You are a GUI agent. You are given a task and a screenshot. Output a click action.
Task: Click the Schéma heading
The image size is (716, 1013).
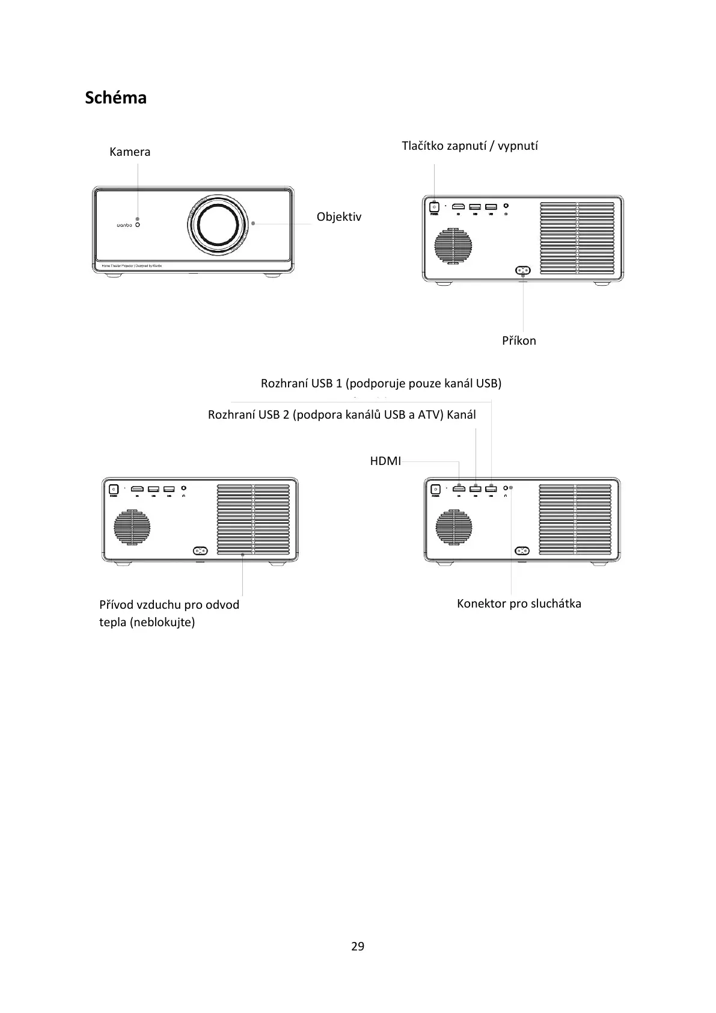point(115,97)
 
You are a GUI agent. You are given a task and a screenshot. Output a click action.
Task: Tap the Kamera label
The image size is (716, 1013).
point(130,152)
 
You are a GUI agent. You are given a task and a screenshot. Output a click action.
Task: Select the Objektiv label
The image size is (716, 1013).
point(339,217)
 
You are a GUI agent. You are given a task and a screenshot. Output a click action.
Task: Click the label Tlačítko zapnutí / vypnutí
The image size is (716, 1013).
point(470,146)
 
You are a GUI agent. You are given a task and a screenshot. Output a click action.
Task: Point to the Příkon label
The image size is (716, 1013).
point(519,340)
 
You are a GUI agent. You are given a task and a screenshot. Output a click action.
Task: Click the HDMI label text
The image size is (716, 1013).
point(385,461)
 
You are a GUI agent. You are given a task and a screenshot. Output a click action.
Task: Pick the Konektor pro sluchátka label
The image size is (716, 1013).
point(519,603)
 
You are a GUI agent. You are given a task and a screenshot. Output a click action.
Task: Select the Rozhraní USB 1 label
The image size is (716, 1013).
point(381,383)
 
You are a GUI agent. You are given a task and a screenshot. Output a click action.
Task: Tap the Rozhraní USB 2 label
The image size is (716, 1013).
point(341,414)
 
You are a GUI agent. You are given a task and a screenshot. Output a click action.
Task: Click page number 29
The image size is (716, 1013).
point(358,946)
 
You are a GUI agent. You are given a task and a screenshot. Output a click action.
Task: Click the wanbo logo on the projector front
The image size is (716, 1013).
point(124,226)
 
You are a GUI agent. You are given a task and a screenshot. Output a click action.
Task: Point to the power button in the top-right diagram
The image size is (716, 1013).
point(433,208)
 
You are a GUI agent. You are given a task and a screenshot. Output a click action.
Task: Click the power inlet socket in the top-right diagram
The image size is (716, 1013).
point(522,271)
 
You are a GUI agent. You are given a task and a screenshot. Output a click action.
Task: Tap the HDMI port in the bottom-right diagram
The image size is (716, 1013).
point(459,488)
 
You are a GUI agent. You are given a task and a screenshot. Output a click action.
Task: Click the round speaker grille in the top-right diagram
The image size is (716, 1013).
point(454,245)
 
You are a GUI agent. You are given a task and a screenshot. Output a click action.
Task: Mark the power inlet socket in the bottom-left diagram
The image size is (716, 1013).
point(200,551)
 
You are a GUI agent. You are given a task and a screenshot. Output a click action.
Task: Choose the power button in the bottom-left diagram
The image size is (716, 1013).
point(112,489)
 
